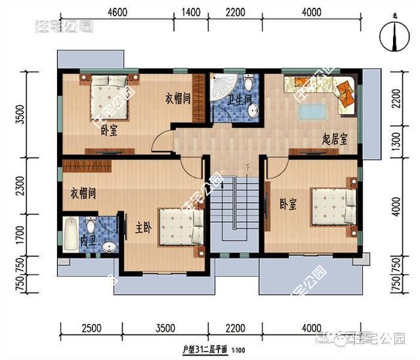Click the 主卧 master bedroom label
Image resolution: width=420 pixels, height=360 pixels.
click(x=144, y=229)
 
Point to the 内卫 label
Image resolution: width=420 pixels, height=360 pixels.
click(x=87, y=241)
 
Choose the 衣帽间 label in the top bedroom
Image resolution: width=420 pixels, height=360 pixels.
click(x=177, y=99)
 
